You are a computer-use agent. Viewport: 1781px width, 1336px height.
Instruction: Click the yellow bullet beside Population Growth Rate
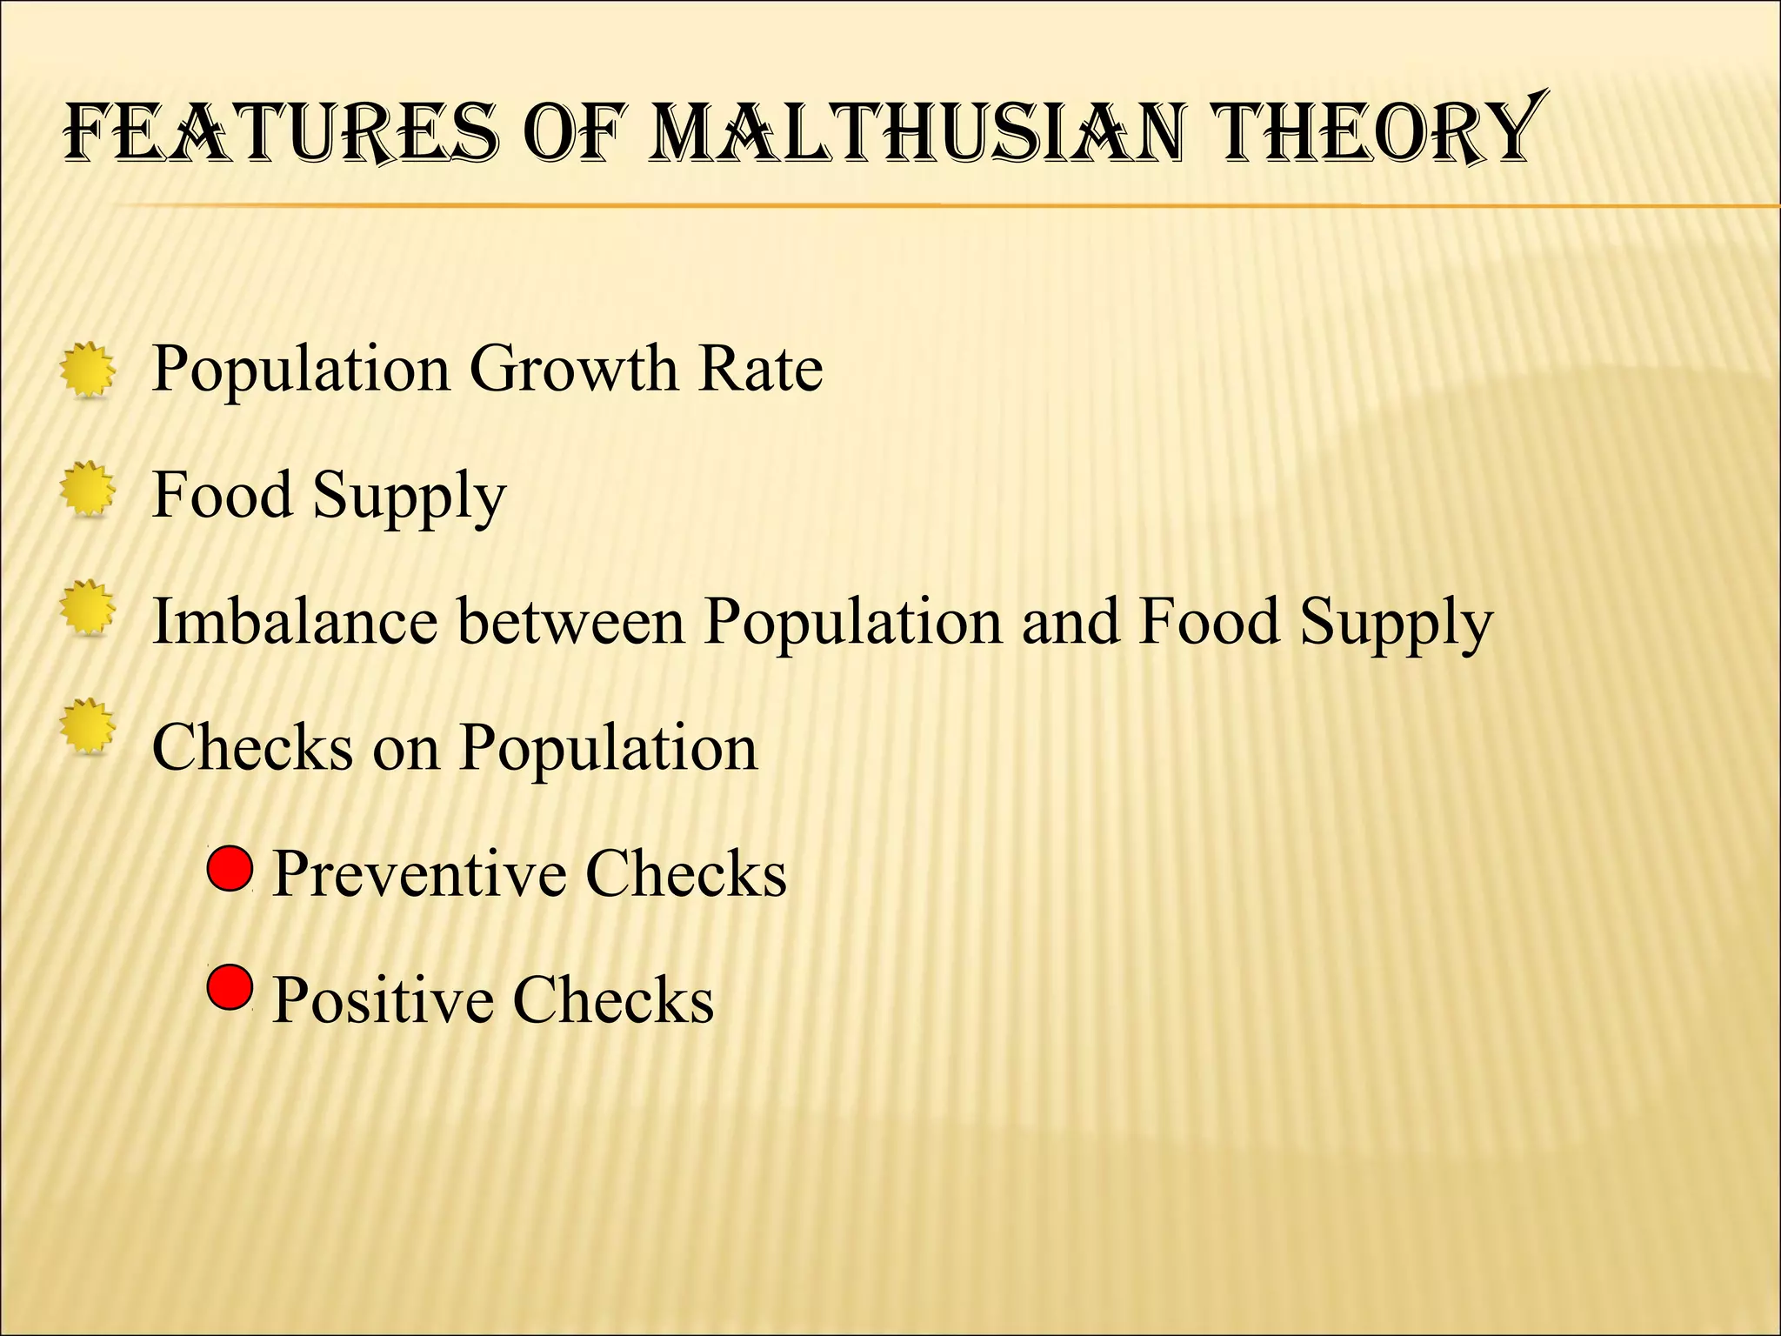88,371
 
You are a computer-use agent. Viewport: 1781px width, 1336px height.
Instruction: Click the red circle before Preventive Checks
230,867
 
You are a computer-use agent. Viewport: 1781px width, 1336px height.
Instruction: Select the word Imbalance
294,622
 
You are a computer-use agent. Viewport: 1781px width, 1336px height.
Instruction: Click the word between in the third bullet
570,622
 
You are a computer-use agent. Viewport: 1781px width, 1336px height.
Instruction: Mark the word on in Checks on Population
406,748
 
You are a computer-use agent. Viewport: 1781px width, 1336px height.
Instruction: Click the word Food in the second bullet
222,494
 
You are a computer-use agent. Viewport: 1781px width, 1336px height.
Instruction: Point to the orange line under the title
957,205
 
